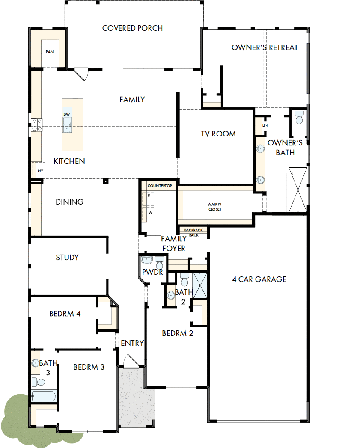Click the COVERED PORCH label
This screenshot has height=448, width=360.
click(x=132, y=28)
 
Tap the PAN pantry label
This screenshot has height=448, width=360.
click(x=50, y=52)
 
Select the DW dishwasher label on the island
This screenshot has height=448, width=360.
click(x=67, y=114)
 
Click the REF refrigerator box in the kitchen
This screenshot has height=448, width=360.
click(x=40, y=171)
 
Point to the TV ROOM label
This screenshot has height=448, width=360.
click(x=218, y=134)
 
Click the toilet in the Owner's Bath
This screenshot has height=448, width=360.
click(x=299, y=117)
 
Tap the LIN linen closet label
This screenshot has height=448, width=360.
click(x=265, y=125)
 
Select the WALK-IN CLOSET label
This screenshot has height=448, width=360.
click(x=215, y=207)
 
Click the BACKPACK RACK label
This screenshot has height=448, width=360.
click(x=193, y=232)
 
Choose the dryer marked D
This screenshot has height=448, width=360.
click(x=150, y=195)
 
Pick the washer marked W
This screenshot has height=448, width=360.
click(x=150, y=212)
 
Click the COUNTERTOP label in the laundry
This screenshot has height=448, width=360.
click(x=159, y=186)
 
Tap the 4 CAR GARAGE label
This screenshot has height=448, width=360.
click(x=259, y=279)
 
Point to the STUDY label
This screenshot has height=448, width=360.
click(x=67, y=258)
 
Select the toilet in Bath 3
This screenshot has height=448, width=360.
click(x=39, y=381)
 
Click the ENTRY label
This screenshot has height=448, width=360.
click(x=132, y=343)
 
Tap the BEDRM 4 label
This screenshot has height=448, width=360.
click(x=65, y=314)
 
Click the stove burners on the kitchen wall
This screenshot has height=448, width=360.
click(x=37, y=125)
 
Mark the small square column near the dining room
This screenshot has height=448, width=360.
click(x=105, y=181)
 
